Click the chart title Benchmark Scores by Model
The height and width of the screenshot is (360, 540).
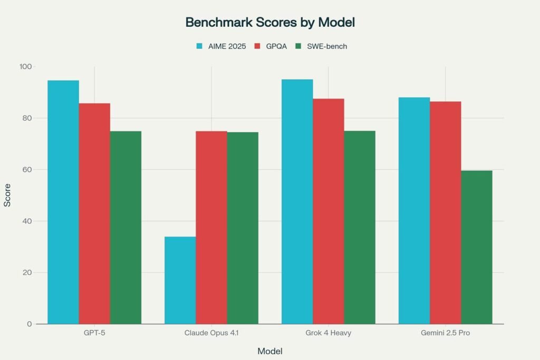[270, 23]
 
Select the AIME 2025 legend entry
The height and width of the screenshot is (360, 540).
[220, 46]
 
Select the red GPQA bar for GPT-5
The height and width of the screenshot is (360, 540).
[94, 213]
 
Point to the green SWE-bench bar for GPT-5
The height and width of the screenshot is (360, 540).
[126, 228]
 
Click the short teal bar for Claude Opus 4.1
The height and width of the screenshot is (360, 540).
[180, 280]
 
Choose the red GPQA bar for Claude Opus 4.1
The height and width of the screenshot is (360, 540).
[211, 228]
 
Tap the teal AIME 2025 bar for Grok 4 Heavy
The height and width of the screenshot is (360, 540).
[297, 201]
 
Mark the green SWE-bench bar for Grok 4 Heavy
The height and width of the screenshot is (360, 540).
[360, 227]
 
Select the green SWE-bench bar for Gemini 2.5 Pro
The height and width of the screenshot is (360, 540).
[477, 247]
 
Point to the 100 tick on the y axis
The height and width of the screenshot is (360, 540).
[26, 67]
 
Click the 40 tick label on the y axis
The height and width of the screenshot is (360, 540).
[27, 221]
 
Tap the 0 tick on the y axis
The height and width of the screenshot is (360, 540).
[29, 324]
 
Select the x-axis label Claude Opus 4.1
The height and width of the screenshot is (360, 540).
[211, 334]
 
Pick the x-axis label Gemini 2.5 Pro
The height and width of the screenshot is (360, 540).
[445, 334]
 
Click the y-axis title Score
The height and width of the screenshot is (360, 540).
[7, 195]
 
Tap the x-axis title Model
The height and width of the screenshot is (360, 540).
[269, 351]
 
